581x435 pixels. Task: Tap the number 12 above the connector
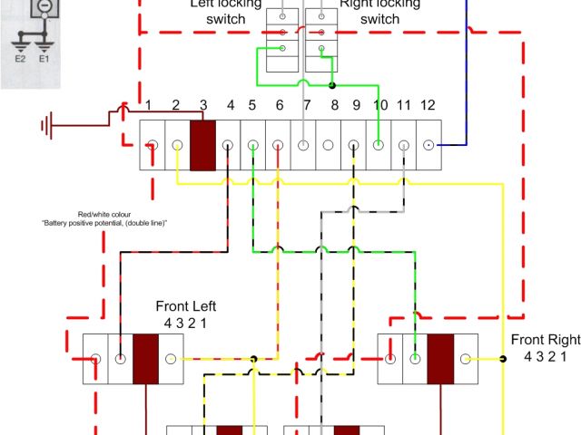click(428, 106)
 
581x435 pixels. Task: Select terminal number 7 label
click(307, 106)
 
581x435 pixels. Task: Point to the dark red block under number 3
click(202, 145)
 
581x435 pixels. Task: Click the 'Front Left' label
click(186, 305)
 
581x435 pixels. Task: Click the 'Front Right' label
click(545, 340)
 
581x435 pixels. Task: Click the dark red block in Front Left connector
click(146, 359)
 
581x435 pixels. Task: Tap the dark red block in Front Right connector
click(441, 359)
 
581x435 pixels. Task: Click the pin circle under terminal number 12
click(428, 145)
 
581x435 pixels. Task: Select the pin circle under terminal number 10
click(379, 145)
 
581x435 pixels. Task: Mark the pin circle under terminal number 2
click(177, 145)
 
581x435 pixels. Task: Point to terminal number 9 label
click(356, 106)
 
